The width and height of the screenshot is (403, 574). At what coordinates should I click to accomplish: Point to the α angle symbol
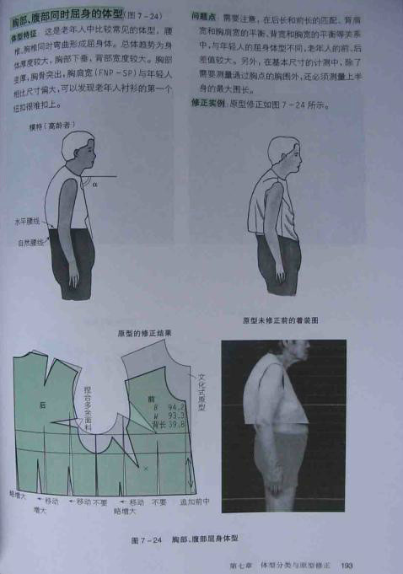click(x=95, y=181)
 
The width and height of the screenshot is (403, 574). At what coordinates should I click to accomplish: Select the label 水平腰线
click(x=26, y=224)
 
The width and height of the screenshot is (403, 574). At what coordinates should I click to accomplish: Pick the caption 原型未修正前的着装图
click(x=280, y=320)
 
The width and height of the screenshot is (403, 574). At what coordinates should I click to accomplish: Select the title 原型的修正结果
click(x=145, y=333)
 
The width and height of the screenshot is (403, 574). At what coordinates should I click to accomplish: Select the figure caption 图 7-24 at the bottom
click(x=146, y=538)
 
